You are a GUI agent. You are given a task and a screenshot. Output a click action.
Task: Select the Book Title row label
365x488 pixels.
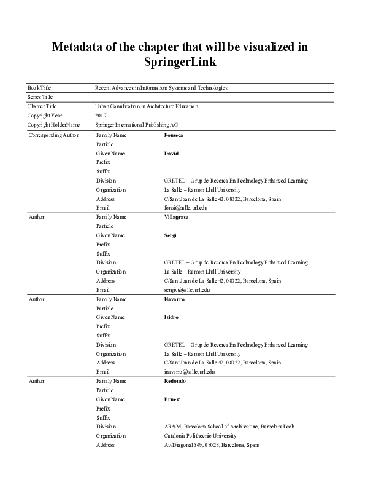click(39, 88)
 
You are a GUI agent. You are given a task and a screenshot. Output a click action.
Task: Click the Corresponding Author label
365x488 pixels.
click(53, 135)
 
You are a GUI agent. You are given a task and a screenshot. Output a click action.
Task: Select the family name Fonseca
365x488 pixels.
click(175, 135)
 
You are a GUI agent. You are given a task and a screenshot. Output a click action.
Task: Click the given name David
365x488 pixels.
click(171, 153)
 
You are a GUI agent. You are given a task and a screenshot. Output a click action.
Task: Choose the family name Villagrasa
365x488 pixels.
click(177, 217)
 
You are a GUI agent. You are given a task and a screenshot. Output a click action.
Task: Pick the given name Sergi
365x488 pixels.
click(171, 235)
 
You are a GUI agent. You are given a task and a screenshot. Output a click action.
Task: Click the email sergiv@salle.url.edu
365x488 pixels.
click(187, 289)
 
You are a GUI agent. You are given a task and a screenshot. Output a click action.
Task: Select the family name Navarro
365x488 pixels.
click(175, 299)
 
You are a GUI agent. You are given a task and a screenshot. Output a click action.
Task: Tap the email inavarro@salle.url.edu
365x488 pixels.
click(190, 372)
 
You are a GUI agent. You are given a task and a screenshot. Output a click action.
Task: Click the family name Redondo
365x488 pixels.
click(175, 381)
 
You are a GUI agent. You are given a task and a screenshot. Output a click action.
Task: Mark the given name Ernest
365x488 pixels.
click(172, 399)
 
